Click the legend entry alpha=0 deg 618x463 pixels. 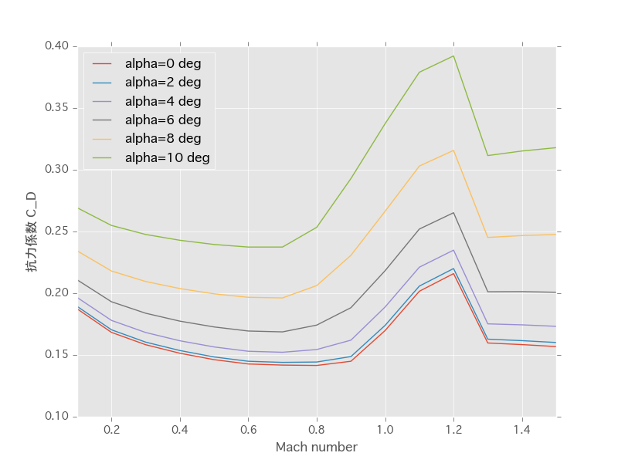(163, 64)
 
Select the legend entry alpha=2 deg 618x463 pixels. (163, 83)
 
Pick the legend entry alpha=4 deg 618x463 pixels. (163, 101)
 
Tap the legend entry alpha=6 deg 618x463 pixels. (163, 120)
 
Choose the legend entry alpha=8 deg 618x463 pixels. (163, 139)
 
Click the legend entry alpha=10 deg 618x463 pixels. (167, 157)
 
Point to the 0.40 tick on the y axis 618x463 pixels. (56, 46)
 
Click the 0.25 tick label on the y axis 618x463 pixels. (56, 231)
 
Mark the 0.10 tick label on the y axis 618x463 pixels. (56, 417)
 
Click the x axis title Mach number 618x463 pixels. (316, 448)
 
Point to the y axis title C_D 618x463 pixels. (32, 231)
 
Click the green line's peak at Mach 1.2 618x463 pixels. (453, 56)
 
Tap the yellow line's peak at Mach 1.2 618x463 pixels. (453, 150)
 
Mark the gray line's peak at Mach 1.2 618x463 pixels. (453, 212)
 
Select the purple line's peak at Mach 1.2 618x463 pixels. (453, 249)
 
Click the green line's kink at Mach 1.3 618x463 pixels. (487, 155)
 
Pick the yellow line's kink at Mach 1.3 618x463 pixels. (487, 237)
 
